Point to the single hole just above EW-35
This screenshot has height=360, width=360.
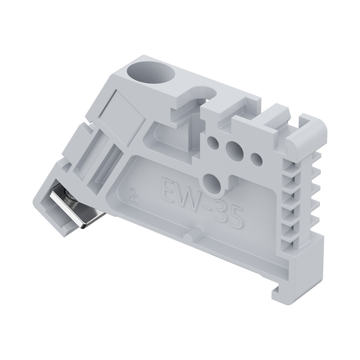(212, 182)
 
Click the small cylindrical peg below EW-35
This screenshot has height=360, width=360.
(196, 234)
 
